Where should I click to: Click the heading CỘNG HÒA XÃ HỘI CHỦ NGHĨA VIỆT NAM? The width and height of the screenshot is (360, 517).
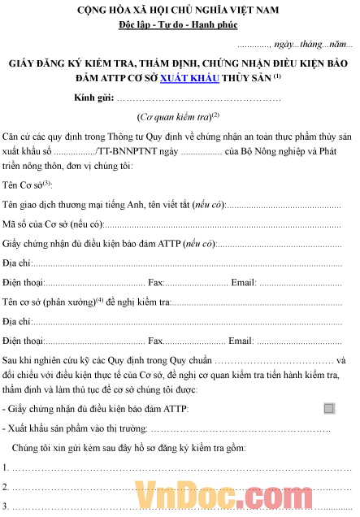(180, 12)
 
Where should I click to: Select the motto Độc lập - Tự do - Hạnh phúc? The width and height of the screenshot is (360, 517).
(181, 27)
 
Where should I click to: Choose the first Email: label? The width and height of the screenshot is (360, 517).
(242, 283)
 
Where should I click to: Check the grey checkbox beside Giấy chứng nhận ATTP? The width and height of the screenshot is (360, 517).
(328, 408)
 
